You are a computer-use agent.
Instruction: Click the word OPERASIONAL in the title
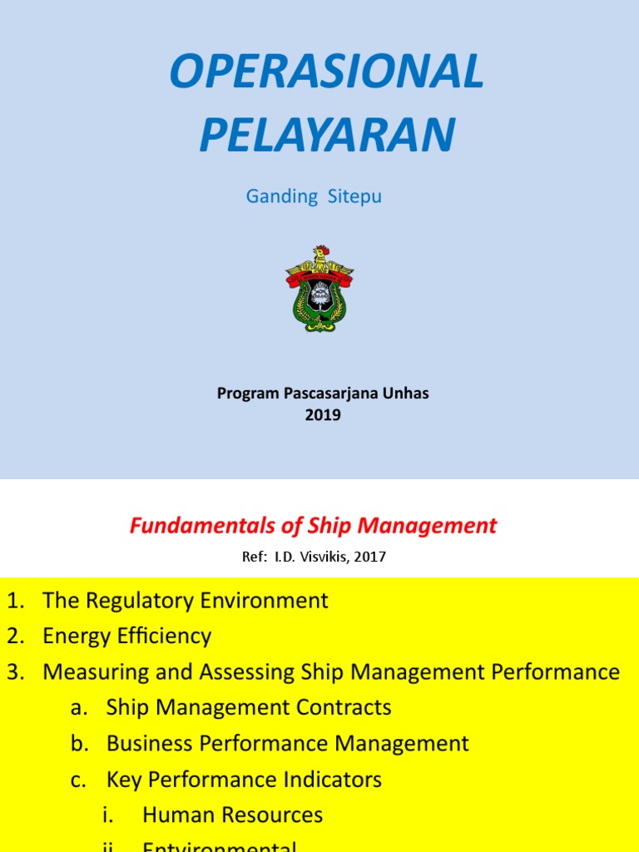326,72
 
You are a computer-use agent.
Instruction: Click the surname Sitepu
354,197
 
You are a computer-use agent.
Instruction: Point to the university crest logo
319,288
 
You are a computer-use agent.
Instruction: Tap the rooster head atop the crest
320,252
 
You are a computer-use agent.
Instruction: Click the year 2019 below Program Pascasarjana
323,414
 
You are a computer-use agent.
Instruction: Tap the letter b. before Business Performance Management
80,744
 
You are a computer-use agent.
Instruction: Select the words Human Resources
233,815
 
